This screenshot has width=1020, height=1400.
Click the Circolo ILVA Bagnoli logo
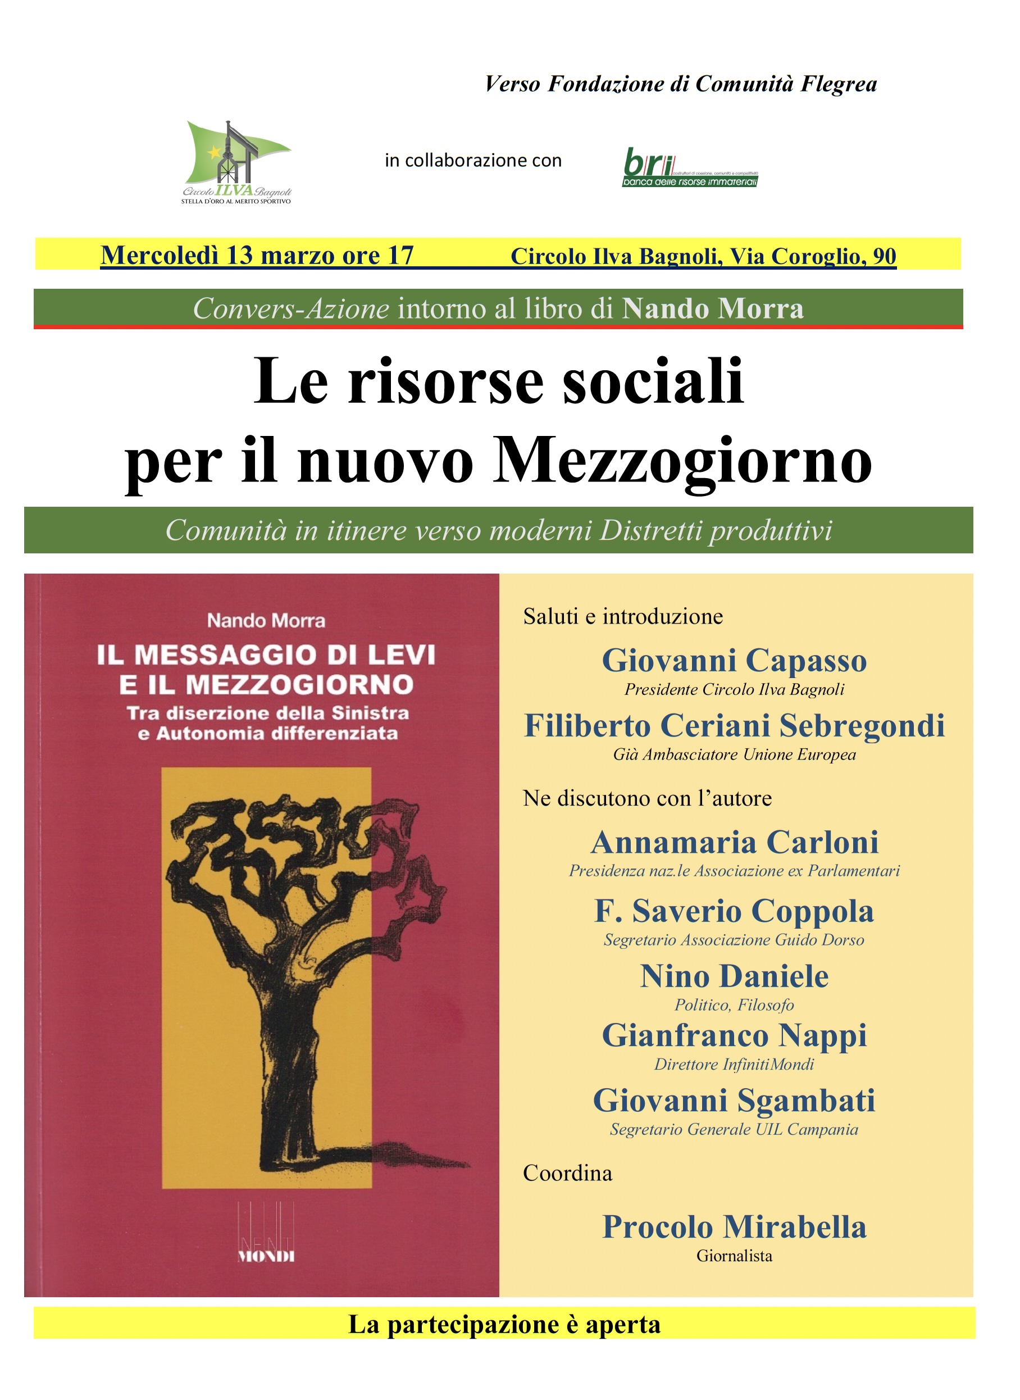coord(236,162)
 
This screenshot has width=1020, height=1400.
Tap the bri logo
coord(690,167)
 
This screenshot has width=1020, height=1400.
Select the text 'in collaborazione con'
coord(473,161)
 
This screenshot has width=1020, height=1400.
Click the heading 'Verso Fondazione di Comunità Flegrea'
coord(680,84)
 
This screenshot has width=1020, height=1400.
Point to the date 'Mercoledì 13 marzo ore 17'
coord(257,256)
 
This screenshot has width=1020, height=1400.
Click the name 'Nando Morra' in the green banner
coord(713,309)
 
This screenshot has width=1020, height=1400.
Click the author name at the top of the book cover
coord(266,621)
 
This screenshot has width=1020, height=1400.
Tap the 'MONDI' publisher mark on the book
coord(266,1257)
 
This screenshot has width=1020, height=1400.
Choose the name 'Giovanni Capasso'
coord(734,660)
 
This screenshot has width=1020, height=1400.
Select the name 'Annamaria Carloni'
coord(734,842)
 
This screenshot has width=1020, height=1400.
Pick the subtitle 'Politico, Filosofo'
coord(734,1004)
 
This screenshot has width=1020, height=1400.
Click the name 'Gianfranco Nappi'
coord(734,1035)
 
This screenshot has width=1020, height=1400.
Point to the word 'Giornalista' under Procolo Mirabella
coord(734,1256)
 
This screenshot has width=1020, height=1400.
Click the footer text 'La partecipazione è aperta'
coord(504,1325)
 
